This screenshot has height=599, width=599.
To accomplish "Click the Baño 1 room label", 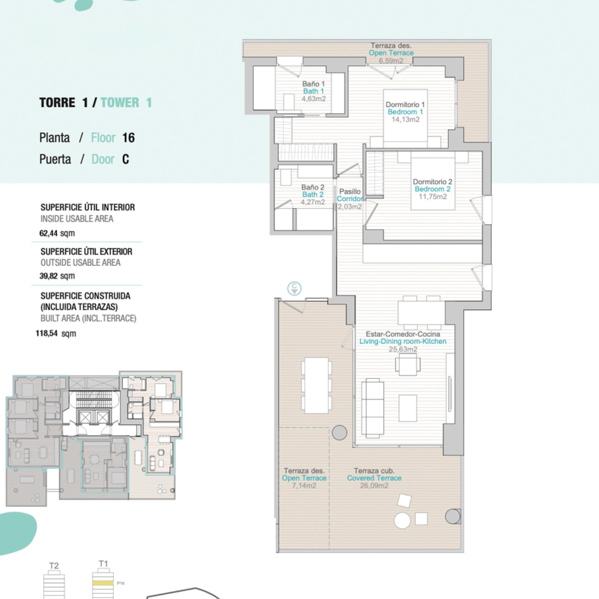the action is [x=313, y=84].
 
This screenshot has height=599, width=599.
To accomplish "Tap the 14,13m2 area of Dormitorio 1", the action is [x=405, y=119].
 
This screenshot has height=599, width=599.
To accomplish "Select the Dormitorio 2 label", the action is [x=432, y=182].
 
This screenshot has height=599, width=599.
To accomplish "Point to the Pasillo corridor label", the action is [x=350, y=191].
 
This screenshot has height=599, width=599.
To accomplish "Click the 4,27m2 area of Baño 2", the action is [x=313, y=202].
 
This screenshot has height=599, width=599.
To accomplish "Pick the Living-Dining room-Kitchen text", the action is [x=403, y=341].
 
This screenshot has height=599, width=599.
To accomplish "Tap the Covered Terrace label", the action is [x=374, y=478].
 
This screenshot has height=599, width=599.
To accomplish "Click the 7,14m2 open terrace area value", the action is [x=304, y=486].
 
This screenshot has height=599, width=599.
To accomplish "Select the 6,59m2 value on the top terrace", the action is [x=391, y=61].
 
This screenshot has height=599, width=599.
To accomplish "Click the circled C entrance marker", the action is [x=294, y=289].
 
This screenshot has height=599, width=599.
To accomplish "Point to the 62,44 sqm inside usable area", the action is [x=57, y=233].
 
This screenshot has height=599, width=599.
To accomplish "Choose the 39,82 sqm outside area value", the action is [x=57, y=276].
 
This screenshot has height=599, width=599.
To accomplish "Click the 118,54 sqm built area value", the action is [x=56, y=333].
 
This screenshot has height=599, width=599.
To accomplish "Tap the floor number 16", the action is [x=128, y=138].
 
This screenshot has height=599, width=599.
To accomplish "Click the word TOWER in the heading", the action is [x=120, y=103].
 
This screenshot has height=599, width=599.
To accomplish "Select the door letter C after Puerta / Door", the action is [x=125, y=159].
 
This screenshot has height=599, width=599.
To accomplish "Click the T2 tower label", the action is [x=54, y=566].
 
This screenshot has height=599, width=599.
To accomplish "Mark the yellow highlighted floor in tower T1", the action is [x=103, y=583].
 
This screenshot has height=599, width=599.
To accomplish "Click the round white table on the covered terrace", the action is [x=402, y=521].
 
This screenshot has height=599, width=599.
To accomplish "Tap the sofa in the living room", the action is [x=373, y=408].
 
